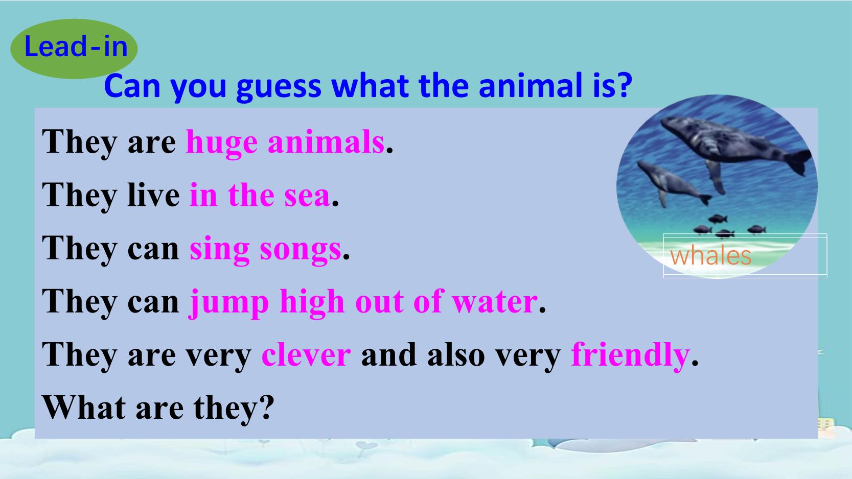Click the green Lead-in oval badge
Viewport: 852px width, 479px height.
pos(74,49)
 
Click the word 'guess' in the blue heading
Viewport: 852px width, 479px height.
pos(279,87)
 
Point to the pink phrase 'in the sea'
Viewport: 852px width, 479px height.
pos(260,195)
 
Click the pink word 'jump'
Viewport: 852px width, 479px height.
pos(228,303)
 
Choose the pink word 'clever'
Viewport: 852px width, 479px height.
pos(306,354)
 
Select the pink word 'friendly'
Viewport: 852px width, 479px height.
pos(630,355)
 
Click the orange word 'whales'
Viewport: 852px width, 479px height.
pos(710,256)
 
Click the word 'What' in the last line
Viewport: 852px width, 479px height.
pos(84,408)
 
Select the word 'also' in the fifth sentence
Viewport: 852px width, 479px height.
pos(456,354)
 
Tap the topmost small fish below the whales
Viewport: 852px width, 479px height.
pos(718,219)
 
